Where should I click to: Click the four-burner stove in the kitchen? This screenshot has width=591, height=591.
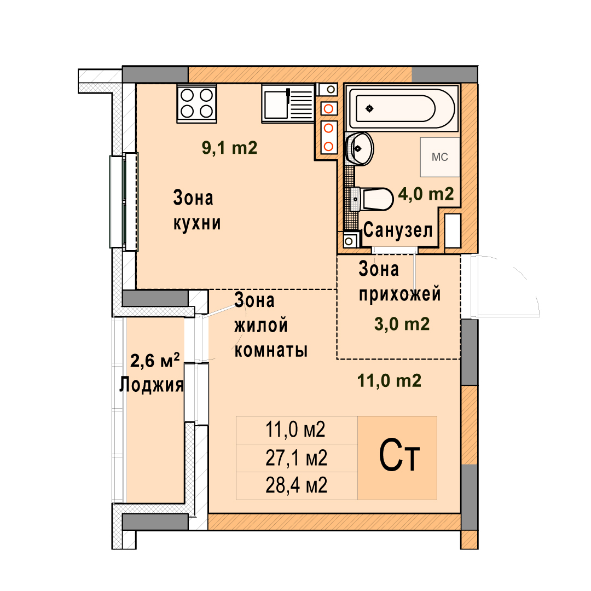point(196,103)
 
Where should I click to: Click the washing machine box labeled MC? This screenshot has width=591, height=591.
point(440,157)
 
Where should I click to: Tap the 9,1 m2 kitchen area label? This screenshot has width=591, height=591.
point(229,147)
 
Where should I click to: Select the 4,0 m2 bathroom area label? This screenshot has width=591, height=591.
point(426,194)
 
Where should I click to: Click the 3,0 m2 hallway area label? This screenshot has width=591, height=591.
point(402,324)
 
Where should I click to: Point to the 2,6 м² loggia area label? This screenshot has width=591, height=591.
point(155,360)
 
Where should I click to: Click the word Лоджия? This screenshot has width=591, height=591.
point(152,385)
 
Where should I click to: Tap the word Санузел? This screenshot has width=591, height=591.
point(398,230)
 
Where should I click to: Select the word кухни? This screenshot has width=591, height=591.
point(197,223)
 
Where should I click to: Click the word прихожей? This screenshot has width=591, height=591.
point(400,294)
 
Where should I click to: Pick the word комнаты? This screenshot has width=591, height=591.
point(271,350)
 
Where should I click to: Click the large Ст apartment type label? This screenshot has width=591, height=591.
point(399,455)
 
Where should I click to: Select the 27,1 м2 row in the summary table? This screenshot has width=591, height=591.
point(297,458)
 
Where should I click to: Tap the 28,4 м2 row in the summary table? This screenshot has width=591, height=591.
point(297,485)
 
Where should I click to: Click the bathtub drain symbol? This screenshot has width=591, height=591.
point(369,108)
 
